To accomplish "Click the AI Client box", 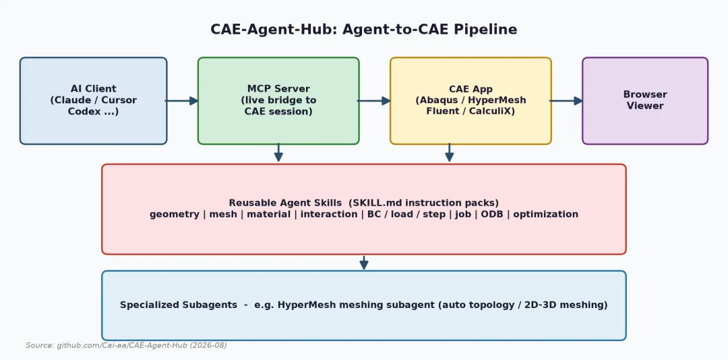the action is pos(93,101).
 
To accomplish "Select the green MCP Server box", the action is pos(278,101).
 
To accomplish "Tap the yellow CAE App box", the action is pos(471,101).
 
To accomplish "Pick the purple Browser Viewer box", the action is pos(645,101).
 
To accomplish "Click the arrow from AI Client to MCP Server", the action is pos(182,101).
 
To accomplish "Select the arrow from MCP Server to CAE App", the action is pos(374,101).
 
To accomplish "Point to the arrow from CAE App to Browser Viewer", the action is pos(566,101).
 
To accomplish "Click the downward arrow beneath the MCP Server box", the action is pos(278,153).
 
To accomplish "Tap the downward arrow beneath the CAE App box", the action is pos(450,153).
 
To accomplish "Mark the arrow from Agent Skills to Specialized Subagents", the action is pos(364,262).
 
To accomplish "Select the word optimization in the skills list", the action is pos(545,214).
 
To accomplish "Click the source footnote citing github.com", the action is pos(126,346).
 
